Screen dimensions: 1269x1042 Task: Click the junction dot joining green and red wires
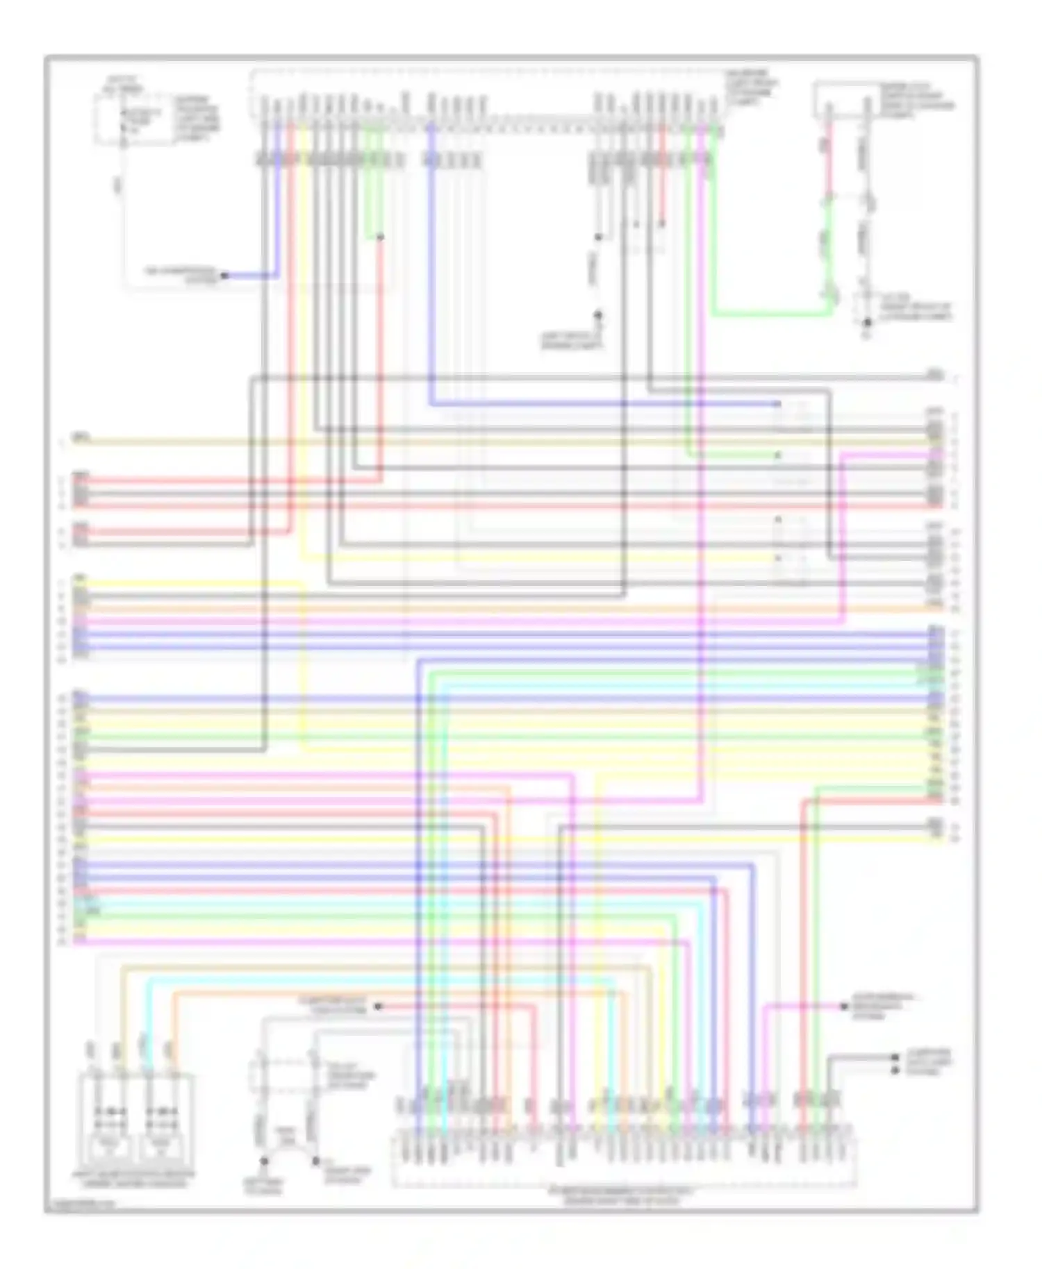(x=380, y=237)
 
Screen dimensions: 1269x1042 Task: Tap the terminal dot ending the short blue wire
(x=224, y=276)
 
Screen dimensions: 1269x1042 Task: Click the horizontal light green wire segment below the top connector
(x=771, y=314)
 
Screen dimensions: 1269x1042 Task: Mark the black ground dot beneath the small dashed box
(x=867, y=323)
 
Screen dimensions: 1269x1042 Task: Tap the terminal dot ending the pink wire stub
(x=845, y=1006)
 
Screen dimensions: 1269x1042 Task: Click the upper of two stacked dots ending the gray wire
(x=896, y=1057)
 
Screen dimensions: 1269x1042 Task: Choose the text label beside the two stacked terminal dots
(x=929, y=1062)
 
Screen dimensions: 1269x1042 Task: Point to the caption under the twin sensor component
(x=133, y=1178)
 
